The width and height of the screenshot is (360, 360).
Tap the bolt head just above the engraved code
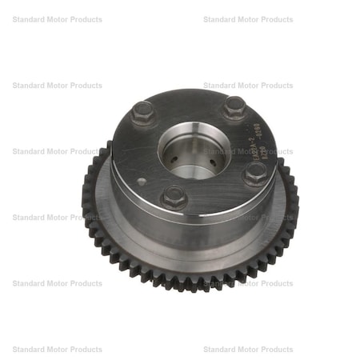(234, 106)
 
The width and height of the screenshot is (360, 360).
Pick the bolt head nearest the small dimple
(174, 196)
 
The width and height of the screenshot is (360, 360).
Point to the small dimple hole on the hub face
(141, 182)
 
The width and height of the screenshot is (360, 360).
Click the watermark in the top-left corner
(57, 19)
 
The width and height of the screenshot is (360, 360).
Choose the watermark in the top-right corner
(248, 19)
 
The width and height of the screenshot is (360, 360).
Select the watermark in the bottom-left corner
(57, 350)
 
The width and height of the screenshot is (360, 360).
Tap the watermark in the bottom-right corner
(248, 350)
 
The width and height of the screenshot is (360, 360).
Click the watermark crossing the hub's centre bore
(248, 151)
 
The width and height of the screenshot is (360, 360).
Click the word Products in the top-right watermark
(276, 19)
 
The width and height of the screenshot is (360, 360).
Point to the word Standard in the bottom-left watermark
(29, 350)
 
